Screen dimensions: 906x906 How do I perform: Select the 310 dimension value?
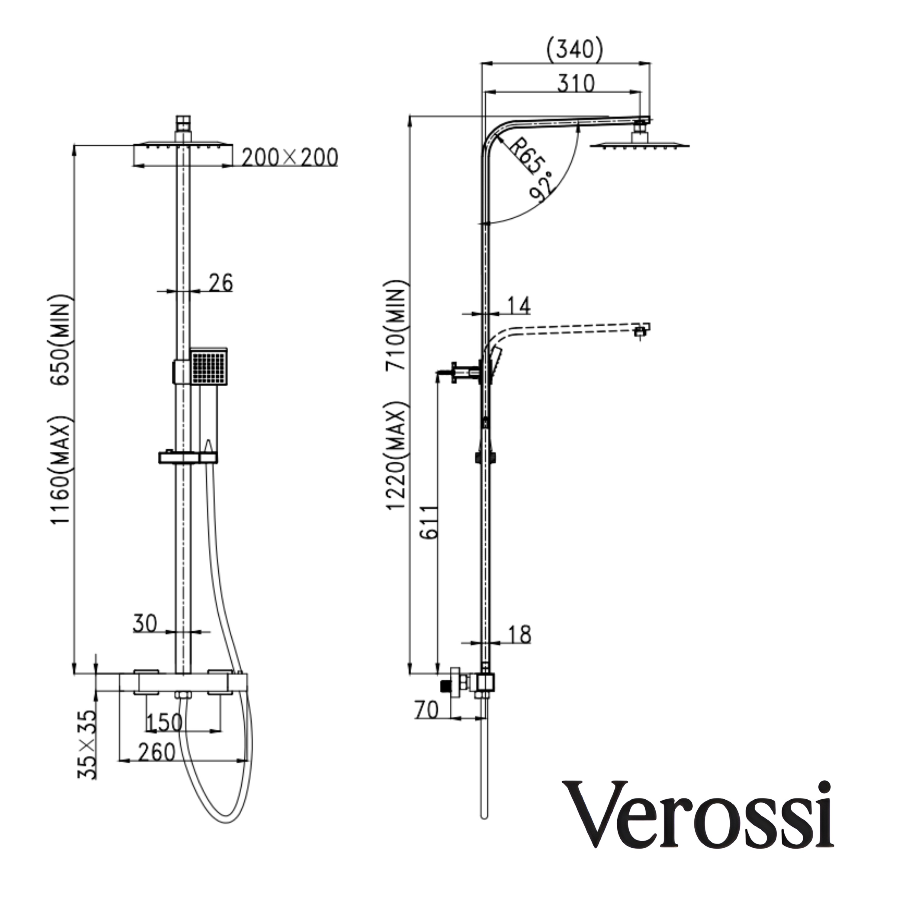point(576,83)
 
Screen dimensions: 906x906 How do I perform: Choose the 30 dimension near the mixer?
point(145,624)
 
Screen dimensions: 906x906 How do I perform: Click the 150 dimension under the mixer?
point(164,723)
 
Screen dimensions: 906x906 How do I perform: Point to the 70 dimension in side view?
point(426,710)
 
